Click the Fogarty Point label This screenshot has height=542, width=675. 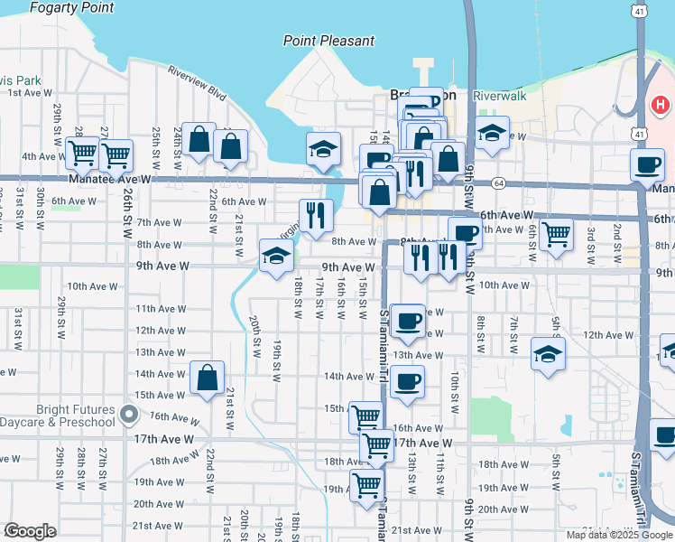72,8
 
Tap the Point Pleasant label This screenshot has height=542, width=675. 328,41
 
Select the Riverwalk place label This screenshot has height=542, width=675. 499,95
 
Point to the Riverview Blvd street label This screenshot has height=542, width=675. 196,80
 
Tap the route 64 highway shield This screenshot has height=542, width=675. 499,183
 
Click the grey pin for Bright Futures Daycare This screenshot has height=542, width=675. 129,416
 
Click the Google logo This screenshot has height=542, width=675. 30,531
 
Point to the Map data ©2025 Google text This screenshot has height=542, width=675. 618,535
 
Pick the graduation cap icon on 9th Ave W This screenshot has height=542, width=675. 276,256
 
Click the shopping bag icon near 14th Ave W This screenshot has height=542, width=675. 208,378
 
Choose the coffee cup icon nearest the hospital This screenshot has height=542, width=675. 647,165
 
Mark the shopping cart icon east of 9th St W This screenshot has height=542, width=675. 556,235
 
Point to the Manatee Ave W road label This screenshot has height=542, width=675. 107,180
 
